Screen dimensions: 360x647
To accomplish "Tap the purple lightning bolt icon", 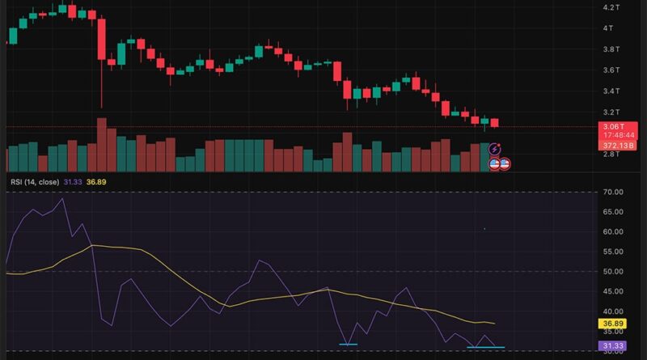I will tap(495, 150).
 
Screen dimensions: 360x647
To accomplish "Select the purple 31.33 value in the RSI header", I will tap(74, 182).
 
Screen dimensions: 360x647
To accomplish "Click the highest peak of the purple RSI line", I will tap(62, 198).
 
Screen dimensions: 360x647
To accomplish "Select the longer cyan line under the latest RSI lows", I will tap(485, 347).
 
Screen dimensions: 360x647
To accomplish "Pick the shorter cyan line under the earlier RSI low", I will tap(349, 345).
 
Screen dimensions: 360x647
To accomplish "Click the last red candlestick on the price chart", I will tap(495, 122).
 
